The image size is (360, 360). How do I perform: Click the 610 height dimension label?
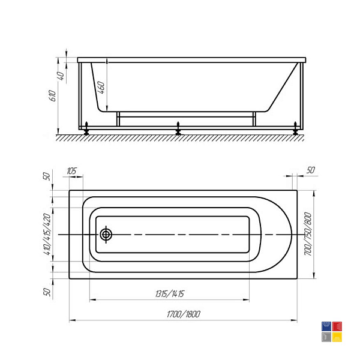53,96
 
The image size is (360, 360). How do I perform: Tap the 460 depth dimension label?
101,87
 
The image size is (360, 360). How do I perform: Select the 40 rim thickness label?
61,76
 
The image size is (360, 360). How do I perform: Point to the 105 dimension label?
72,171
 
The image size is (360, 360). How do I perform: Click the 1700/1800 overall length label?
184,314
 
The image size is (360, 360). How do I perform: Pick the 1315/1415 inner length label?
170,294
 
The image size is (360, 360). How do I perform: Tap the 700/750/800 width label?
308,234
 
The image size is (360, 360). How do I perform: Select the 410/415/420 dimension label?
47,234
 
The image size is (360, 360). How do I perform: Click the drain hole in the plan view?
106,235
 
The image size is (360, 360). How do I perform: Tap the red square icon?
337,326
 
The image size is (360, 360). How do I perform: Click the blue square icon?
326,326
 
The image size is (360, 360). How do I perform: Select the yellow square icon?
337,337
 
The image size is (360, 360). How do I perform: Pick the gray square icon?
326,337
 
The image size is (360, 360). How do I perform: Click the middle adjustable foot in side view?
178,128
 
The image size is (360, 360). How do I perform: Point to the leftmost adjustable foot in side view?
86,128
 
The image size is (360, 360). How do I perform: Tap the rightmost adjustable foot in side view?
295,128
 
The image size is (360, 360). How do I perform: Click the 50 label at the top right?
311,170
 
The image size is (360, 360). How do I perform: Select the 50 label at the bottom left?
47,292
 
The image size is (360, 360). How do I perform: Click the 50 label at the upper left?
47,176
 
